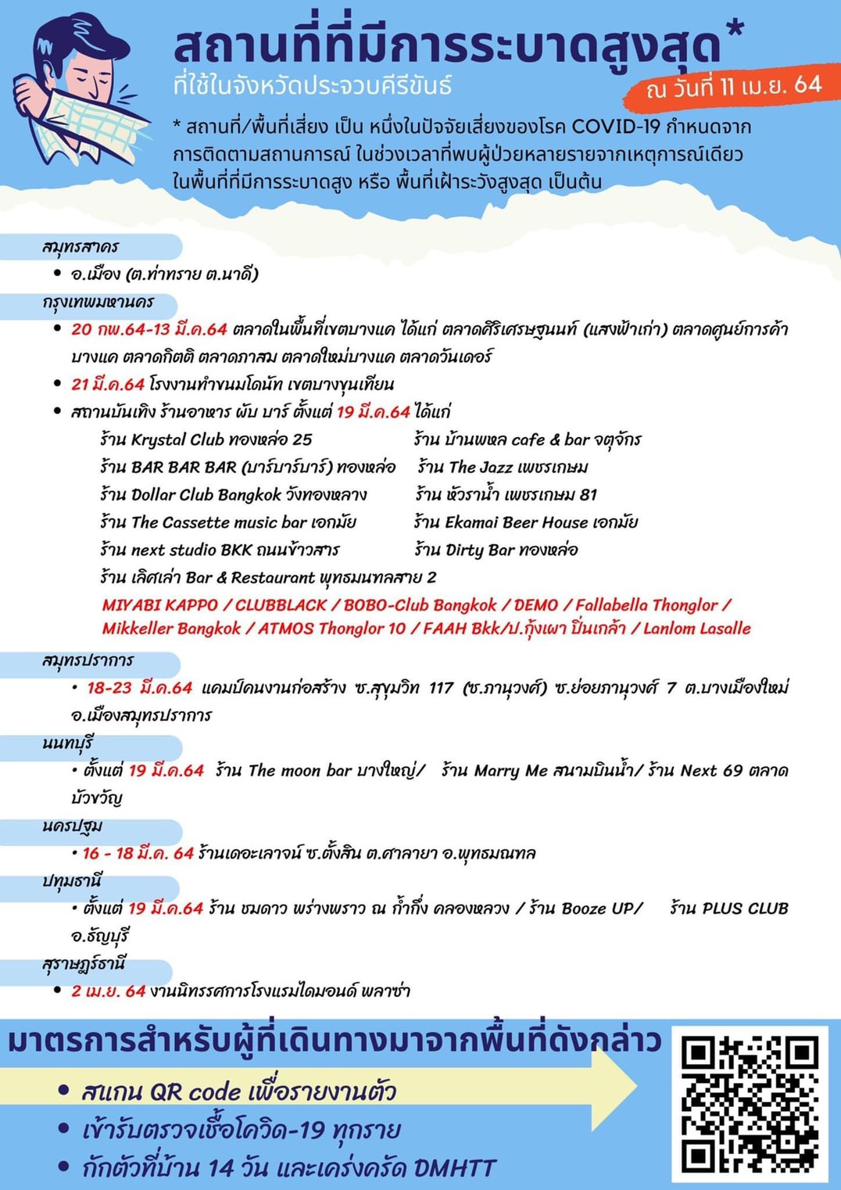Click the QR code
750,1103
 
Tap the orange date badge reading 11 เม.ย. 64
733,87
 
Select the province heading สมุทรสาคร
81,247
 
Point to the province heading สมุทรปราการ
88,661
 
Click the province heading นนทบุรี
68,744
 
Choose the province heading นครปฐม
73,826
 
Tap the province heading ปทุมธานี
73,881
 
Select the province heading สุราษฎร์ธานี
84,964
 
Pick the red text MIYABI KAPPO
159,605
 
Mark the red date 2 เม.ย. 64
108,991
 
